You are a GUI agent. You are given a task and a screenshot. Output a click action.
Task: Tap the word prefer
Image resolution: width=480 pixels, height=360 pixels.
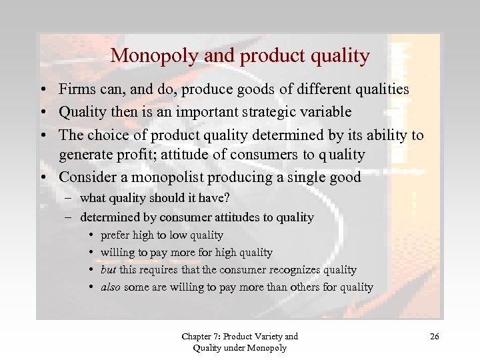(x=113, y=235)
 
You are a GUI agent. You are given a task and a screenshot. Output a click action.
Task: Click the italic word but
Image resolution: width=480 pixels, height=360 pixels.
(x=108, y=270)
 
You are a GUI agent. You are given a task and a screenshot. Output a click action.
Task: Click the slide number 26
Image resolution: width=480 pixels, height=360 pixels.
(x=434, y=337)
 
